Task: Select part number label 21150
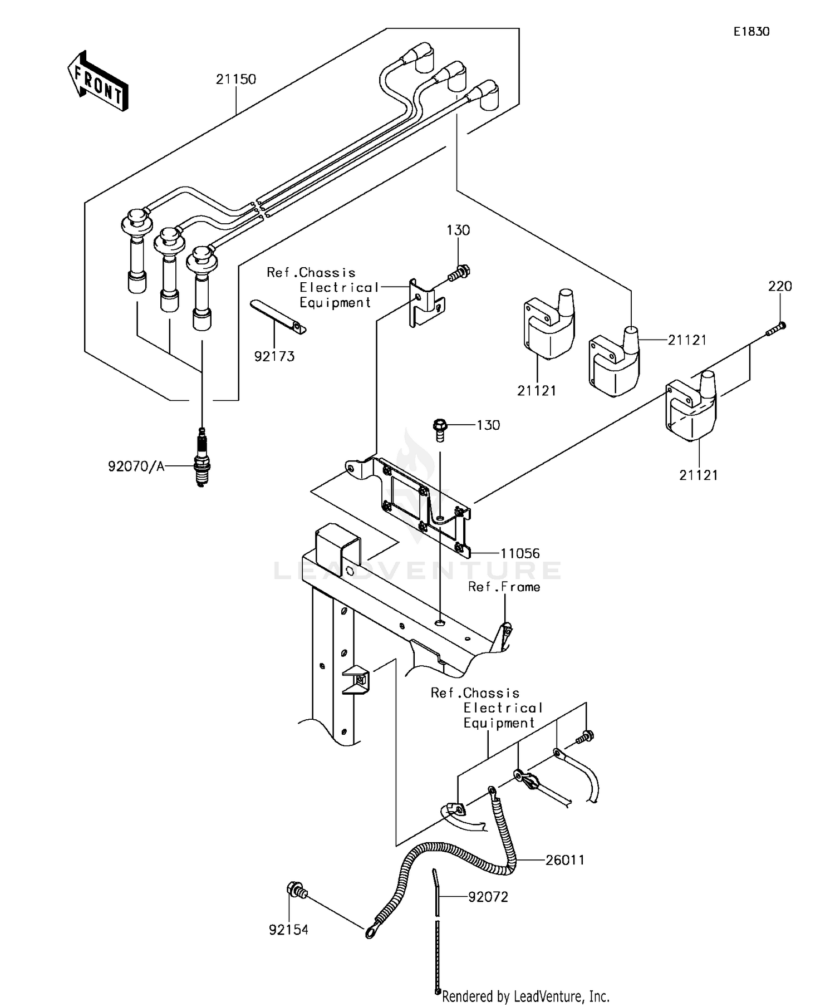pyautogui.click(x=236, y=79)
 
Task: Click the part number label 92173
pyautogui.click(x=274, y=356)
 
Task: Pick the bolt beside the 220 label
pyautogui.click(x=775, y=329)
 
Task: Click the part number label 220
pyautogui.click(x=779, y=286)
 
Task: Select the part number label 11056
pyautogui.click(x=520, y=553)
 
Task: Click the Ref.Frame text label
pyautogui.click(x=504, y=587)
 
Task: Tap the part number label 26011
pyautogui.click(x=564, y=860)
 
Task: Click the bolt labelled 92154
pyautogui.click(x=296, y=890)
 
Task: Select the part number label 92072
pyautogui.click(x=488, y=897)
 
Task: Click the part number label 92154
pyautogui.click(x=288, y=930)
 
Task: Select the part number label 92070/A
pyautogui.click(x=136, y=466)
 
